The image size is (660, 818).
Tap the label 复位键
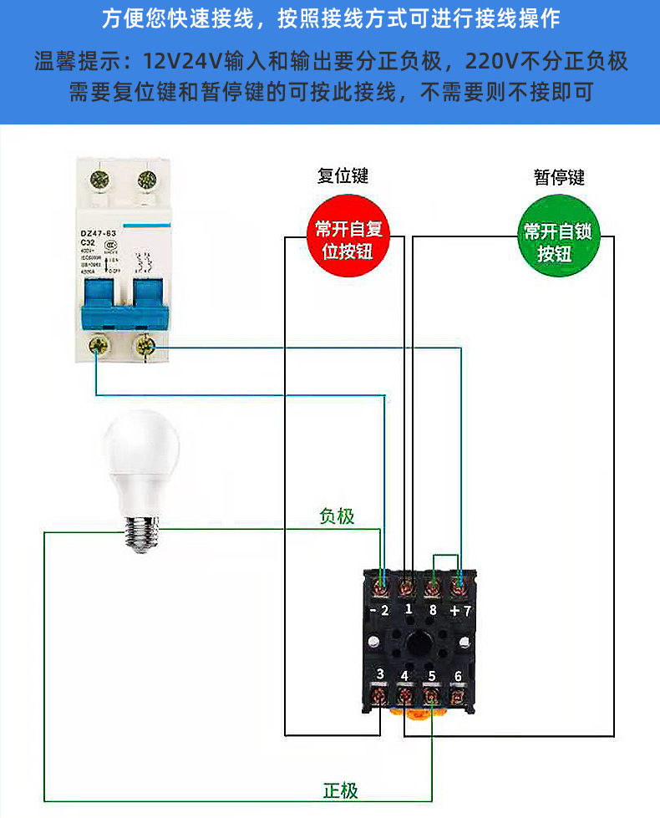343,175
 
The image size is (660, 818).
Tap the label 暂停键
559,176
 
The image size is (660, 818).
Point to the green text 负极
337,516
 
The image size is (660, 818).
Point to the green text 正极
340,790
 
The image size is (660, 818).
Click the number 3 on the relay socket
380,675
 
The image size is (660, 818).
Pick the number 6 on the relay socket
457,676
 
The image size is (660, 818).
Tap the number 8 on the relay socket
432,610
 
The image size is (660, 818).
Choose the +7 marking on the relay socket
460,610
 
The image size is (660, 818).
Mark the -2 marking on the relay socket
379,610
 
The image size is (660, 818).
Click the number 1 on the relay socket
408,610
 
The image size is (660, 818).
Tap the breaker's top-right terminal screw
147,178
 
